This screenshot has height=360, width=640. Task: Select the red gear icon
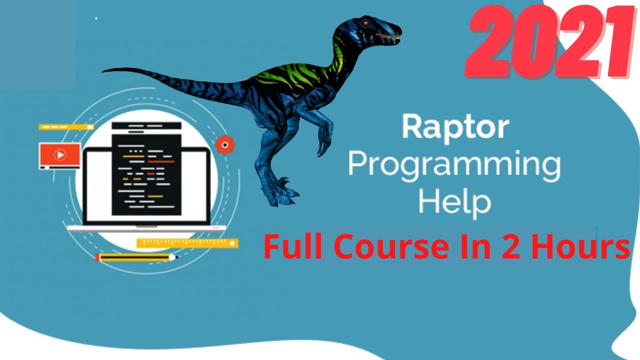224,144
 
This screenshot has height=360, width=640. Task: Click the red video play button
60,155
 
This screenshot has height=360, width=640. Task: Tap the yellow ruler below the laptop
187,243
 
